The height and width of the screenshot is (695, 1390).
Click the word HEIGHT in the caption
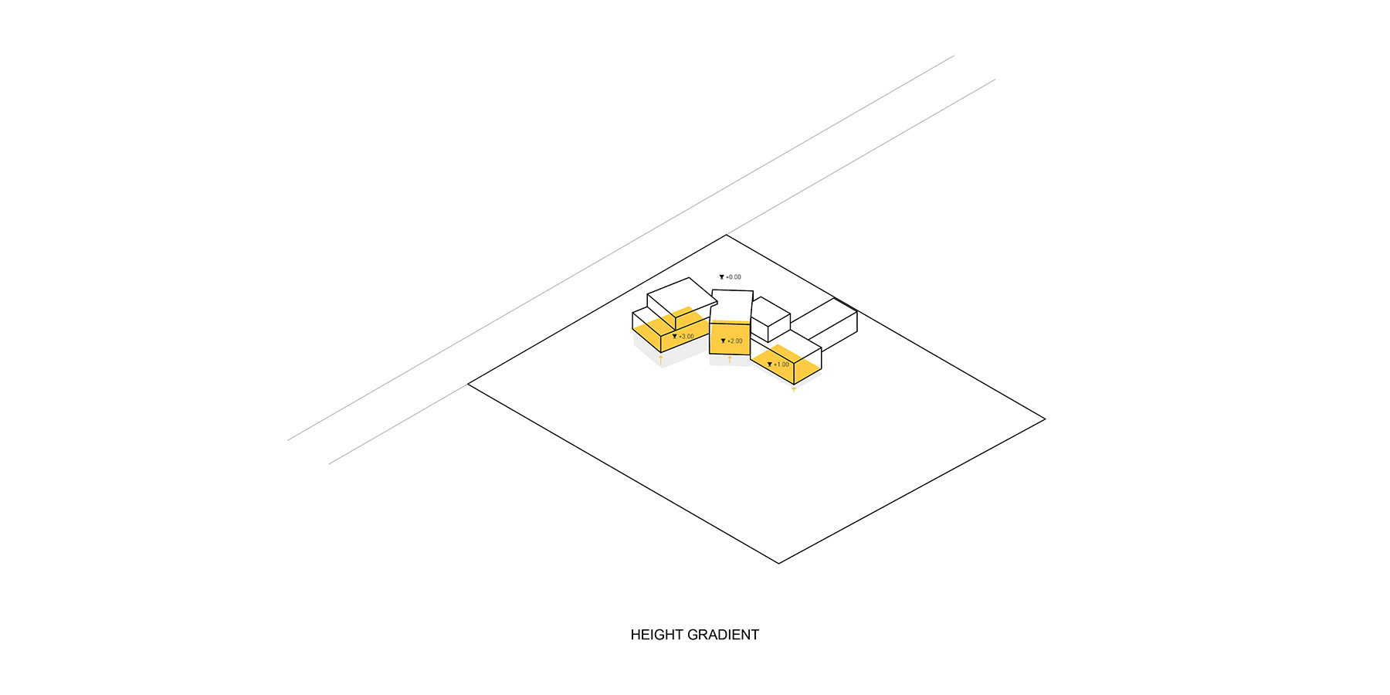[656, 635]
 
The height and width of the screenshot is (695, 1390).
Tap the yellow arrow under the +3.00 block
[661, 359]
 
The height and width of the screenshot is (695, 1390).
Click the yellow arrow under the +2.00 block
[730, 359]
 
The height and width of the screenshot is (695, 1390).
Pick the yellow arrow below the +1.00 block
[794, 389]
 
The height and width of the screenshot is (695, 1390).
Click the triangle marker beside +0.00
[722, 277]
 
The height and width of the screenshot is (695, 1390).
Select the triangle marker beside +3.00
[674, 337]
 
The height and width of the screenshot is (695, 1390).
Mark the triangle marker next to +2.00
[723, 341]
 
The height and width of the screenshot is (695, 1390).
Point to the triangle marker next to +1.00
[769, 364]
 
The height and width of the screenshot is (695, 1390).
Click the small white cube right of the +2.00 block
[770, 319]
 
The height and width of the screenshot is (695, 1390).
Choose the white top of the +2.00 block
[731, 306]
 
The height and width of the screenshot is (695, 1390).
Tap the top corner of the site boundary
[727, 235]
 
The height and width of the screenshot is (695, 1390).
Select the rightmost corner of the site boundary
[1045, 419]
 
